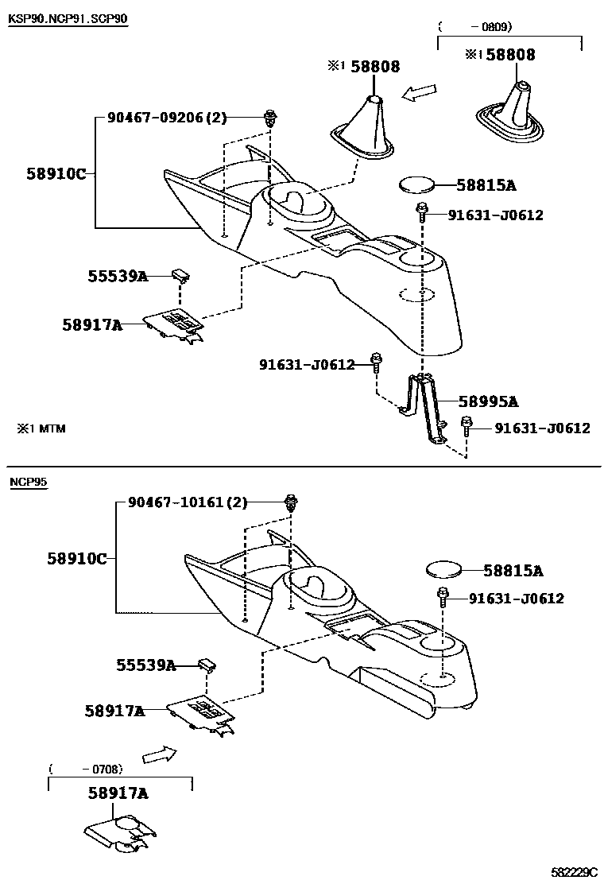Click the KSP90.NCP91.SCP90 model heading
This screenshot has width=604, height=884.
68,18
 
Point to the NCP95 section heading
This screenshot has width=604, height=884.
28,483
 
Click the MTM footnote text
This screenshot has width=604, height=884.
43,428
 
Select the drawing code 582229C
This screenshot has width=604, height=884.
575,872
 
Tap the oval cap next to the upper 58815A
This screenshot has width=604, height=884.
416,185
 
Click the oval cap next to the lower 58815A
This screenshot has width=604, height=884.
443,570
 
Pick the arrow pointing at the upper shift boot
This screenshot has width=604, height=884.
420,94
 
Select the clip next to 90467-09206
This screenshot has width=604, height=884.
269,119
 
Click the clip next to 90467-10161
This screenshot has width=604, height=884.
292,503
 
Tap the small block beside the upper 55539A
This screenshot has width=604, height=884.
181,275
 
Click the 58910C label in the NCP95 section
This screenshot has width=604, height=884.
76,559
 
